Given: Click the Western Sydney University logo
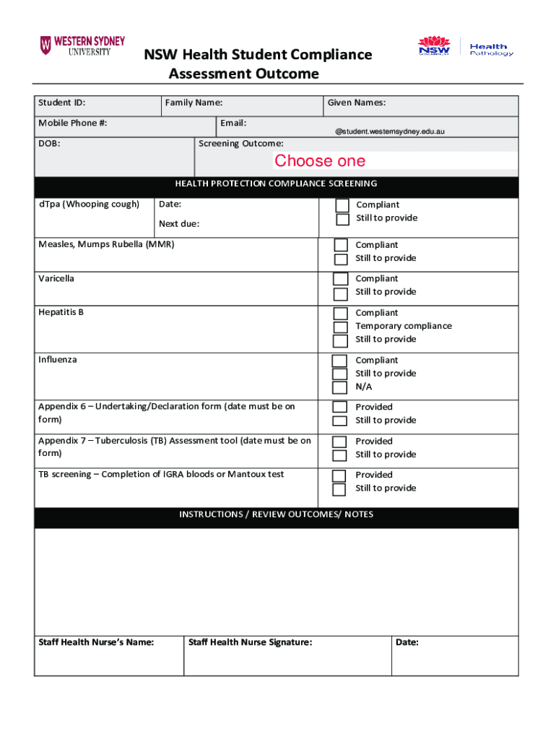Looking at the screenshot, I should (82, 46).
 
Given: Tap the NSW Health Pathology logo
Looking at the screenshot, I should (466, 46).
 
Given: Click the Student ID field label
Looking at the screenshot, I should (62, 103).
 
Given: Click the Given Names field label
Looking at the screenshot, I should (357, 103).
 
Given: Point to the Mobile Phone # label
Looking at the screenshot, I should (73, 123).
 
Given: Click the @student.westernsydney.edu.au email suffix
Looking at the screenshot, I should (389, 132).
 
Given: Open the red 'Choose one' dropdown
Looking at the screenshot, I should (320, 160).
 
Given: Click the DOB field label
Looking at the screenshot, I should (49, 144).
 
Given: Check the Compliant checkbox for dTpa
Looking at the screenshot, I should (342, 205).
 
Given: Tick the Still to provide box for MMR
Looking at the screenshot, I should (340, 259).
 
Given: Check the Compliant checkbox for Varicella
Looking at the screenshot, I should (340, 279).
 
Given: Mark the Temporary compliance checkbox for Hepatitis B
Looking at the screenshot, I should (340, 327).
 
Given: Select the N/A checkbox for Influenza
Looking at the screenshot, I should (339, 387).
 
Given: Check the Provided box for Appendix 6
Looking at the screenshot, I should (339, 408).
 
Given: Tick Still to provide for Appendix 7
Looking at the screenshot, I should (339, 455).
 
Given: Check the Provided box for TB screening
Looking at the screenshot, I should (339, 476).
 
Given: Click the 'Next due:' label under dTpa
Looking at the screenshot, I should (179, 224).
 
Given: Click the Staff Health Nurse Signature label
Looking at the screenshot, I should (250, 642).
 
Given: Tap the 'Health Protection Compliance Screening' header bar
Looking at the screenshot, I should (276, 184).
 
